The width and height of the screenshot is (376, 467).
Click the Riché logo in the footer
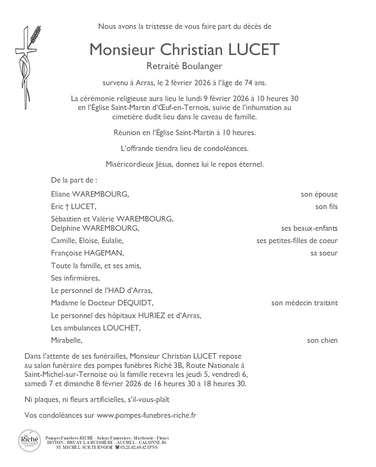click(30, 441)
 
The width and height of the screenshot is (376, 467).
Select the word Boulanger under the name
click(202, 66)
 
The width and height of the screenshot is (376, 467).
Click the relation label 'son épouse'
click(319, 194)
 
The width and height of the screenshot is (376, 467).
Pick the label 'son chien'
click(322, 340)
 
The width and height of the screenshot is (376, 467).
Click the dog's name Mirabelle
click(66, 340)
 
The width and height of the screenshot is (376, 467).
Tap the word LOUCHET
click(122, 328)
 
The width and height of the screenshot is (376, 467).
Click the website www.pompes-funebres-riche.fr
click(146, 415)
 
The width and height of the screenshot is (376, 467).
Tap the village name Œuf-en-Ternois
click(179, 108)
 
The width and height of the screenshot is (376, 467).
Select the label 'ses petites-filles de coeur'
click(297, 241)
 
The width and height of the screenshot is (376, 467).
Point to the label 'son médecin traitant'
click(304, 303)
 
